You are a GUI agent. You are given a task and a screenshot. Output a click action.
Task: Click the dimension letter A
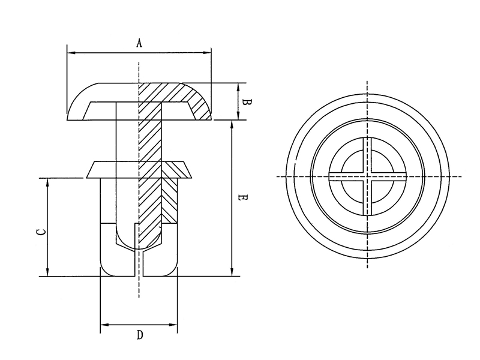point(139,43)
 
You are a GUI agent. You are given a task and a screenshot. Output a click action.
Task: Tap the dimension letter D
point(139,335)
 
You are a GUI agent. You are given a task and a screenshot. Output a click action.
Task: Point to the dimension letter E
point(241,197)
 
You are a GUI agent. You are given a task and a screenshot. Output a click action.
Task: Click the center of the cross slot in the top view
point(368,176)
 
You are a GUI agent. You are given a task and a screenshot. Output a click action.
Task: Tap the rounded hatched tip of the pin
point(150,240)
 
